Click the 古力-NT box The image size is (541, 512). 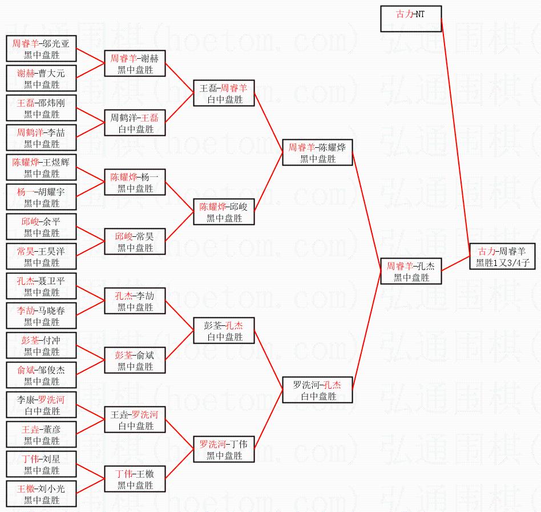pyautogui.click(x=411, y=19)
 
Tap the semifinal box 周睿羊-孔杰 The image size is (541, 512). pyautogui.click(x=411, y=271)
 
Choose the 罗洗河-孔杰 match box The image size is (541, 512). pyautogui.click(x=318, y=390)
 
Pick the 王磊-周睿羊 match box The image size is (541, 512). pyautogui.click(x=223, y=93)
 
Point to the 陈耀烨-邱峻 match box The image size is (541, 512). pyautogui.click(x=223, y=212)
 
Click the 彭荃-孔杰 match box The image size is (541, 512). pyautogui.click(x=223, y=330)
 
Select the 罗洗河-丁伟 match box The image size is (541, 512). pyautogui.click(x=223, y=449)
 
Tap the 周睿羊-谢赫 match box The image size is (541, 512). pyautogui.click(x=135, y=63)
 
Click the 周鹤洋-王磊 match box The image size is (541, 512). pyautogui.click(x=135, y=123)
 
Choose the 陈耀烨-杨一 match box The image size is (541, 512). pyautogui.click(x=135, y=182)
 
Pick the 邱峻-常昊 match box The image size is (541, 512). pyautogui.click(x=135, y=241)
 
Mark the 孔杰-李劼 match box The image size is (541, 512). pyautogui.click(x=135, y=301)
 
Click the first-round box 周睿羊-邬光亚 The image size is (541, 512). pyautogui.click(x=42, y=49)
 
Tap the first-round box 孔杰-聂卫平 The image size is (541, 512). pyautogui.click(x=42, y=286)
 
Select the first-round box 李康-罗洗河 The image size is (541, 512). pyautogui.click(x=42, y=405)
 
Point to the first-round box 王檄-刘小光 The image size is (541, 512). pyautogui.click(x=42, y=494)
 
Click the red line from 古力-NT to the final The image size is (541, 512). pyautogui.click(x=455, y=131)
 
